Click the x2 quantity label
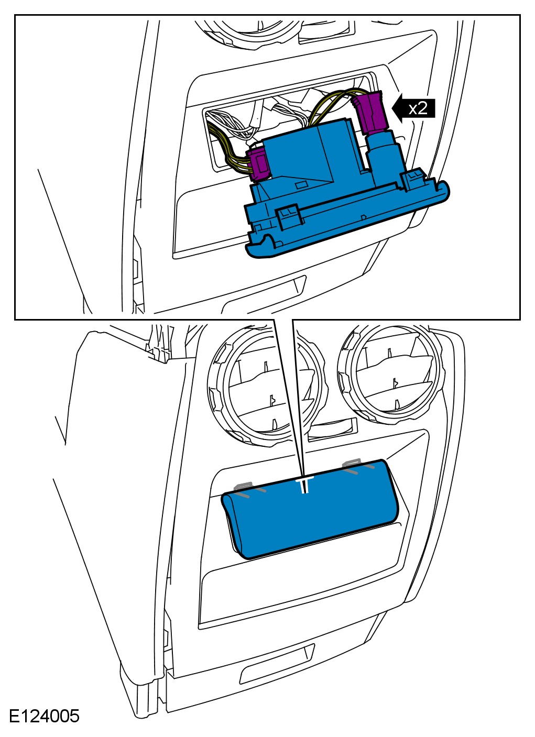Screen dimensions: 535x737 [418, 108]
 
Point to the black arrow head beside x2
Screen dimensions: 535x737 [399, 108]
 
